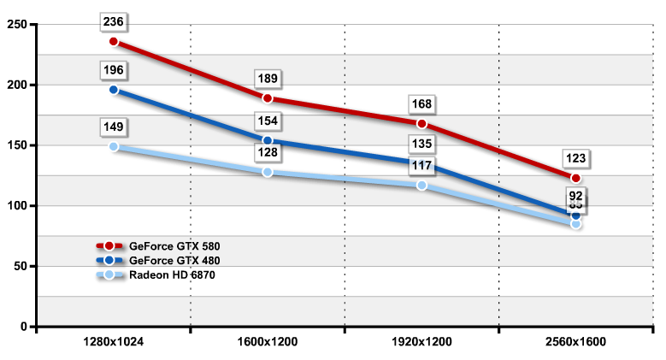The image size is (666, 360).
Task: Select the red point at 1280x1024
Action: (114, 41)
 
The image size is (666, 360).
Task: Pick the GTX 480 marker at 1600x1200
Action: (268, 140)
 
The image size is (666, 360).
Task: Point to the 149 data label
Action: (114, 128)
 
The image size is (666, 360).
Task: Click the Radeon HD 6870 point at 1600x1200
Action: (268, 172)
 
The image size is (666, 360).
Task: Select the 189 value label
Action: (268, 80)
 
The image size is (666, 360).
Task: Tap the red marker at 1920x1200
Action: (421, 124)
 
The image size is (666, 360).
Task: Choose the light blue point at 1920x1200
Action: (421, 185)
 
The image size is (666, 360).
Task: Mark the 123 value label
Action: (575, 159)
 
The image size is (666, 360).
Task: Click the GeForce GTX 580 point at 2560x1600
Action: (575, 178)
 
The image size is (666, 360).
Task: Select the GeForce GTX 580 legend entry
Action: (169, 246)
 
